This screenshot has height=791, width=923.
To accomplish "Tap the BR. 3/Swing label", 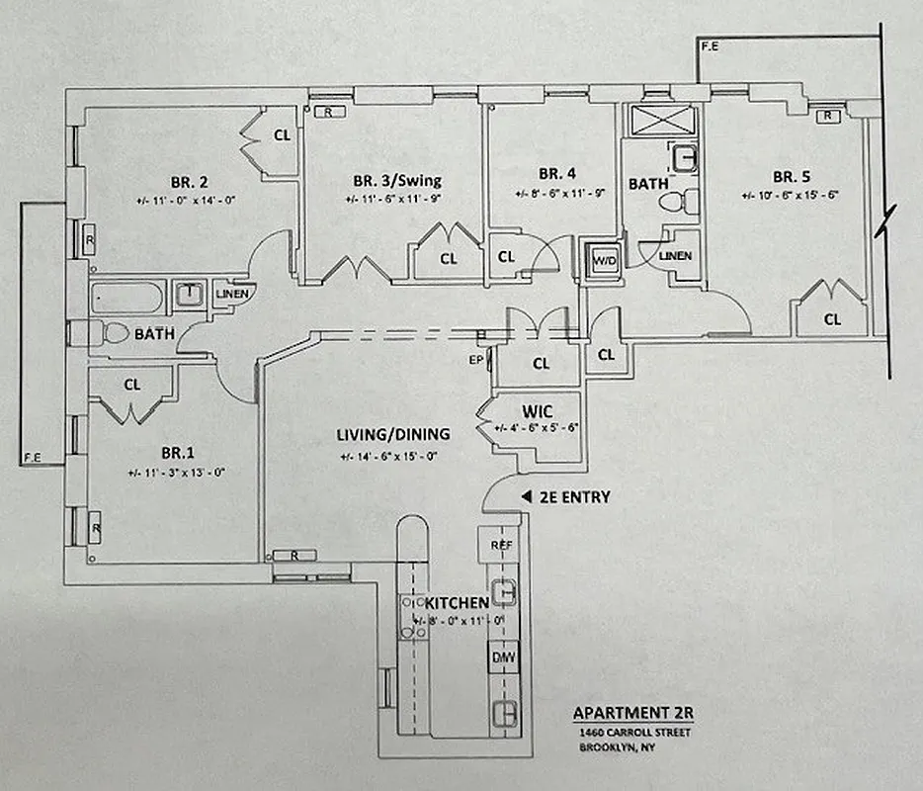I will pos(396,181).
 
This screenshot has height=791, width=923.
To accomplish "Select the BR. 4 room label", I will pos(543,169).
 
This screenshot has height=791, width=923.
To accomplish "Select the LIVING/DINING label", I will pos(392,434).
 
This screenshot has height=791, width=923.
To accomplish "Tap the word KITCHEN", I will pos(456,602).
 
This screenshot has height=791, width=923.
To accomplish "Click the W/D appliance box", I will pos(603,260).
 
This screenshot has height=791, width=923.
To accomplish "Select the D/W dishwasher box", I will pos(504,658).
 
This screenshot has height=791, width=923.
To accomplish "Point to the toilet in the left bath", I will pos(115,333).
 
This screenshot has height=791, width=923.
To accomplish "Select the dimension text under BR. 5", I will pos(790,196).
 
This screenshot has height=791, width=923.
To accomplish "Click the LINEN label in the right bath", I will pos(682,256).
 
